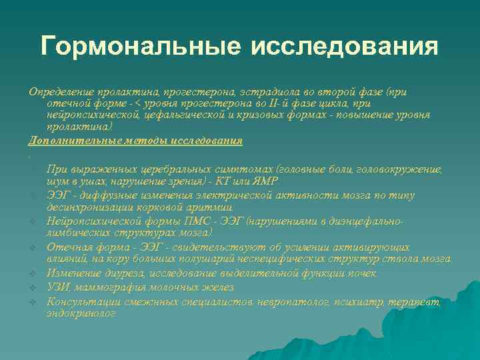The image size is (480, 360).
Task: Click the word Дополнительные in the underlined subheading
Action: point(70,141)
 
